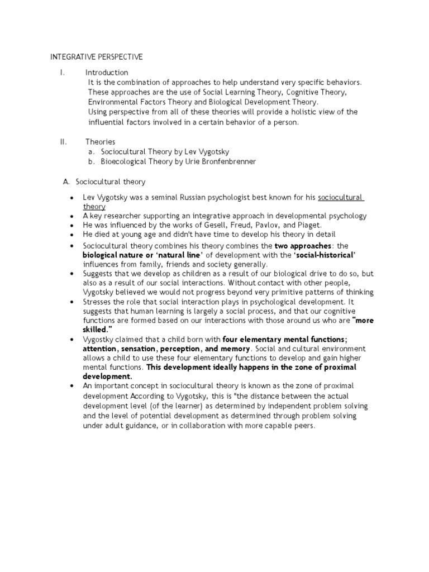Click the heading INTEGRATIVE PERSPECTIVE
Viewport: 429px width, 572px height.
tap(97, 57)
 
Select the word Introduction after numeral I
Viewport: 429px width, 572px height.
tap(107, 73)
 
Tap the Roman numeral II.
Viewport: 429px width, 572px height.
tap(63, 142)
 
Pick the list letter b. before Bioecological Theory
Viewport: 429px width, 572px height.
tap(92, 162)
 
